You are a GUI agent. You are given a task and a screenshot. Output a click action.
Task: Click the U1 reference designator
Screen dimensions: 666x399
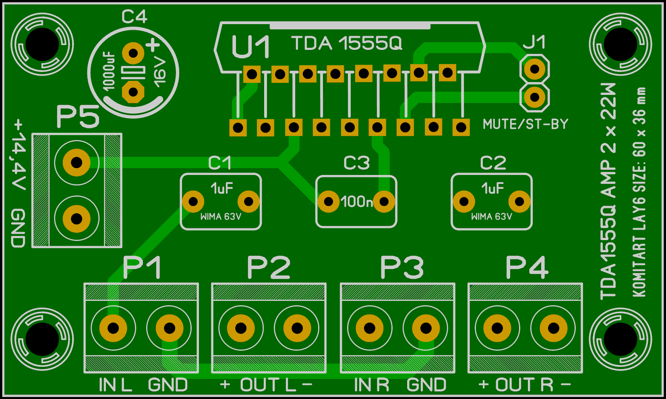pyautogui.click(x=250, y=47)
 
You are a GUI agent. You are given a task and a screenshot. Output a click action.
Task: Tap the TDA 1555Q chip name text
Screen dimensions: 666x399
pyautogui.click(x=347, y=43)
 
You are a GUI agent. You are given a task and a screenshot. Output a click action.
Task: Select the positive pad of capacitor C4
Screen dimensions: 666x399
pyautogui.click(x=133, y=53)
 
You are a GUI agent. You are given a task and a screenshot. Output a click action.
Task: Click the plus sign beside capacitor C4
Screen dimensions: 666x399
pyautogui.click(x=153, y=45)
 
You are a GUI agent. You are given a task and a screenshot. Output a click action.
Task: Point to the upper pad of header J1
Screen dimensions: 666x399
pyautogui.click(x=535, y=69)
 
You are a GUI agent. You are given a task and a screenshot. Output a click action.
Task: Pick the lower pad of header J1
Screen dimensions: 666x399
pyautogui.click(x=535, y=97)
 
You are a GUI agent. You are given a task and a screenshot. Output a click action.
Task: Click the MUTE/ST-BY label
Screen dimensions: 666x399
pyautogui.click(x=525, y=124)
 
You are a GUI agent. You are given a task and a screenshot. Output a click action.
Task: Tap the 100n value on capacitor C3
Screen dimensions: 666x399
pyautogui.click(x=356, y=202)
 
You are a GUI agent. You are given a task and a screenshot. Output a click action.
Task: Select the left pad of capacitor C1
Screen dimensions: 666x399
pyautogui.click(x=193, y=202)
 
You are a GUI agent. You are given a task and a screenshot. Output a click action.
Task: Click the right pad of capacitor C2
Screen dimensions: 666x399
pyautogui.click(x=519, y=202)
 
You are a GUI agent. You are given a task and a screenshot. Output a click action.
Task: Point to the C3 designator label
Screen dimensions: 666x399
pyautogui.click(x=356, y=163)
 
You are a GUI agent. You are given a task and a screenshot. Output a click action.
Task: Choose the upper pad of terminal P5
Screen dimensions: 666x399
pyautogui.click(x=77, y=162)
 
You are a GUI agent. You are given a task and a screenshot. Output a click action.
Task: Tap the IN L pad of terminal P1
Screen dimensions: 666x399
pyautogui.click(x=113, y=328)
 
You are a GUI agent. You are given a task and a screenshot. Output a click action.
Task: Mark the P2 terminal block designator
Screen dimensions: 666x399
pyautogui.click(x=269, y=268)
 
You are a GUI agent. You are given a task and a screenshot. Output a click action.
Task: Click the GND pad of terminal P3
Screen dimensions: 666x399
pyautogui.click(x=426, y=328)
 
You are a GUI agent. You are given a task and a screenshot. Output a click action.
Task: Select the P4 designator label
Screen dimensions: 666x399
pyautogui.click(x=527, y=268)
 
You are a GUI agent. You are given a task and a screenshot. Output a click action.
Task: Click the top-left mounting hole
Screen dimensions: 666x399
pyautogui.click(x=42, y=44)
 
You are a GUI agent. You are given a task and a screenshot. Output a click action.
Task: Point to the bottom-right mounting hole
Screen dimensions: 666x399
pyautogui.click(x=620, y=339)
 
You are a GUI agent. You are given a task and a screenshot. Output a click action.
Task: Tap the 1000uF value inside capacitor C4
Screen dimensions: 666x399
pyautogui.click(x=109, y=71)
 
